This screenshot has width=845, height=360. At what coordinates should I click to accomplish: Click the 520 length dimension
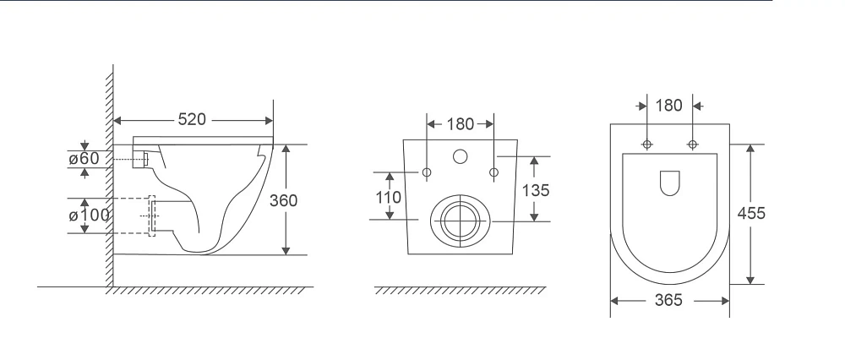[192, 119]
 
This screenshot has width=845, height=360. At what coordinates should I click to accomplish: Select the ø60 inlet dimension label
[84, 158]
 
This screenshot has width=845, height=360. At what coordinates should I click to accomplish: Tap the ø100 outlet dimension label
[89, 215]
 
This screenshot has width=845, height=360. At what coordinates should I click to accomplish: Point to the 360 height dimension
[283, 200]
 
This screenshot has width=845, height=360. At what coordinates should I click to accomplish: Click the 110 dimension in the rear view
[388, 197]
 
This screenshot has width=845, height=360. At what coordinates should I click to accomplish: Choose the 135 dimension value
[536, 190]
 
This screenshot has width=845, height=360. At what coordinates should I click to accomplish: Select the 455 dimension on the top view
[751, 214]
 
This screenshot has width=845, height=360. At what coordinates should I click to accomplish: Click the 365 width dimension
[668, 300]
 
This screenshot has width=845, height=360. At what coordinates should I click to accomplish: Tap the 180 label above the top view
[668, 106]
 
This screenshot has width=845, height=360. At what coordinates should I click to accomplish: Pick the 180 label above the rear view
[461, 124]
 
